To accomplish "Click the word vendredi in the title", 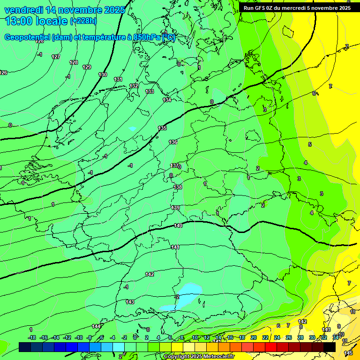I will click(x=24, y=10).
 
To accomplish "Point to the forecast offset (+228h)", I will click(x=83, y=21).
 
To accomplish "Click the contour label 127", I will click(x=56, y=57).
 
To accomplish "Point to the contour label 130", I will click(x=103, y=75).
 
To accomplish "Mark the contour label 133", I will click(x=150, y=91).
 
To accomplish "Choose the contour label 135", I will click(x=162, y=128).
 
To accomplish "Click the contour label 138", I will click(x=178, y=187).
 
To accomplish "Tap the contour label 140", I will click(x=178, y=226).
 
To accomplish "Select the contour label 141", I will click(x=175, y=247).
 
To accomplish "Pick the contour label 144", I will click(x=96, y=326).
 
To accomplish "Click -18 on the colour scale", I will click(x=32, y=337).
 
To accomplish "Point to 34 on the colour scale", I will click(x=336, y=337).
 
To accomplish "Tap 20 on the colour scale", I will click(x=253, y=337).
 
